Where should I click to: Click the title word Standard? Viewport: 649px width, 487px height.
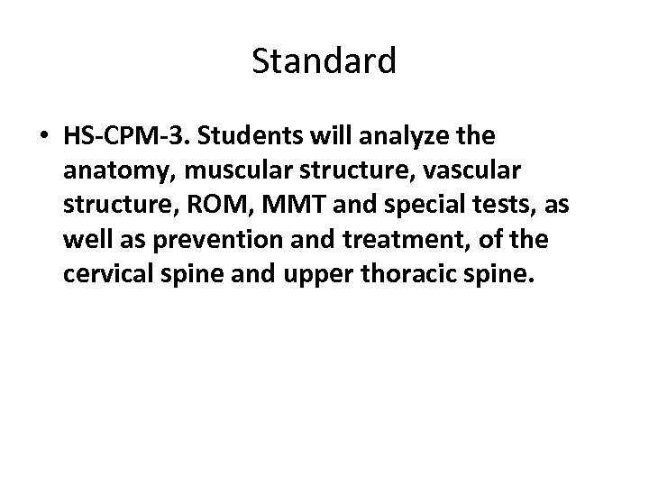click(324, 61)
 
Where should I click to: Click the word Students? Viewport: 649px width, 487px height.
click(238, 139)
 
